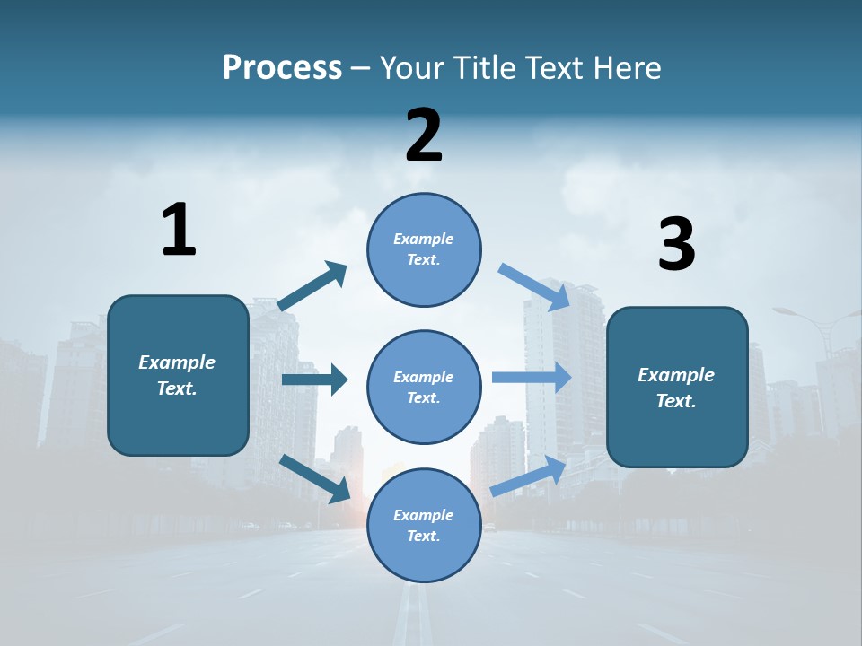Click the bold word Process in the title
[282, 67]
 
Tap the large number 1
[179, 231]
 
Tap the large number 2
[424, 135]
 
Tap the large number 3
[676, 245]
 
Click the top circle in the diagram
[424, 249]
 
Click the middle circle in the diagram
[424, 387]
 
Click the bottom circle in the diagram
[424, 525]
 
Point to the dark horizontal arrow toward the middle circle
[314, 380]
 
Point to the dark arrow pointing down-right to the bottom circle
[315, 478]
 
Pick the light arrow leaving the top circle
[535, 286]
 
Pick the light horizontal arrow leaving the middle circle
[532, 377]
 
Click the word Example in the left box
[177, 362]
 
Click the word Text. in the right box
[676, 401]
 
